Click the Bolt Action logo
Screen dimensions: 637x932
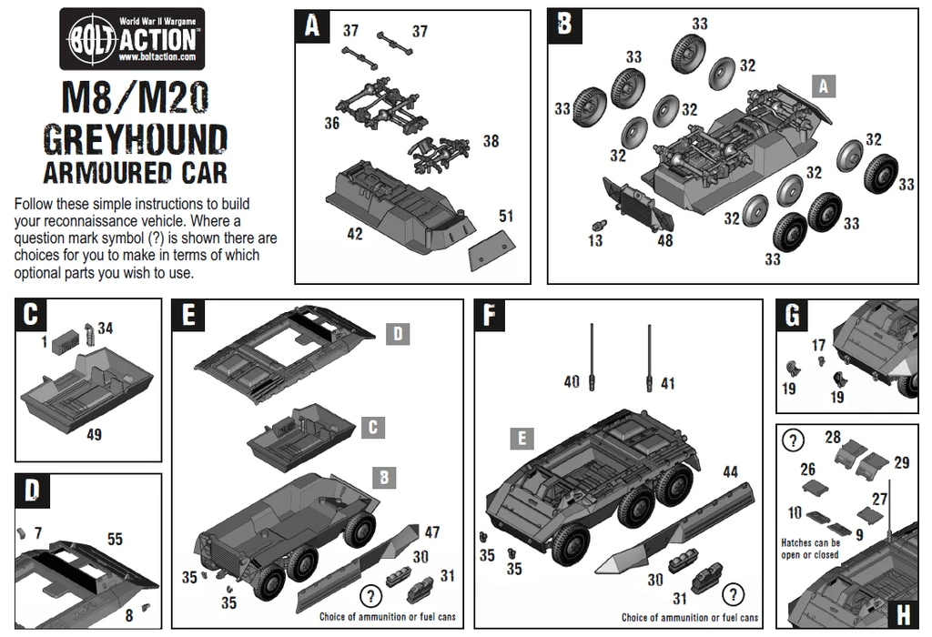coord(132,39)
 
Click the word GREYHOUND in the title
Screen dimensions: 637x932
coord(135,139)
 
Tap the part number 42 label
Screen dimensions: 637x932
coord(354,234)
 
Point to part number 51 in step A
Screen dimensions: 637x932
coord(506,216)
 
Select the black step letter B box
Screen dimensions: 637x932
coord(564,25)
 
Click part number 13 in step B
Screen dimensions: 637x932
coord(595,240)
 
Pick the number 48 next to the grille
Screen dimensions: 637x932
coord(665,240)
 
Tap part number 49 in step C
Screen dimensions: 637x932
coord(93,434)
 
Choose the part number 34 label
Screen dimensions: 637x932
coord(106,328)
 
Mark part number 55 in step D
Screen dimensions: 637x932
coord(115,540)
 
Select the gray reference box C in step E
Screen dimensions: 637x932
coord(373,427)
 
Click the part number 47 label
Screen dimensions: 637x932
coord(432,532)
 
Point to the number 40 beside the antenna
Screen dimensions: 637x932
coord(572,382)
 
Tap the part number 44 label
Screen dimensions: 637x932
coord(731,471)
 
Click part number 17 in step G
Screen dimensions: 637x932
coord(818,346)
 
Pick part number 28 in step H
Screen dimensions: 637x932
coord(833,438)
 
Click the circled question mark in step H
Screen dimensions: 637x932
coord(794,440)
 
